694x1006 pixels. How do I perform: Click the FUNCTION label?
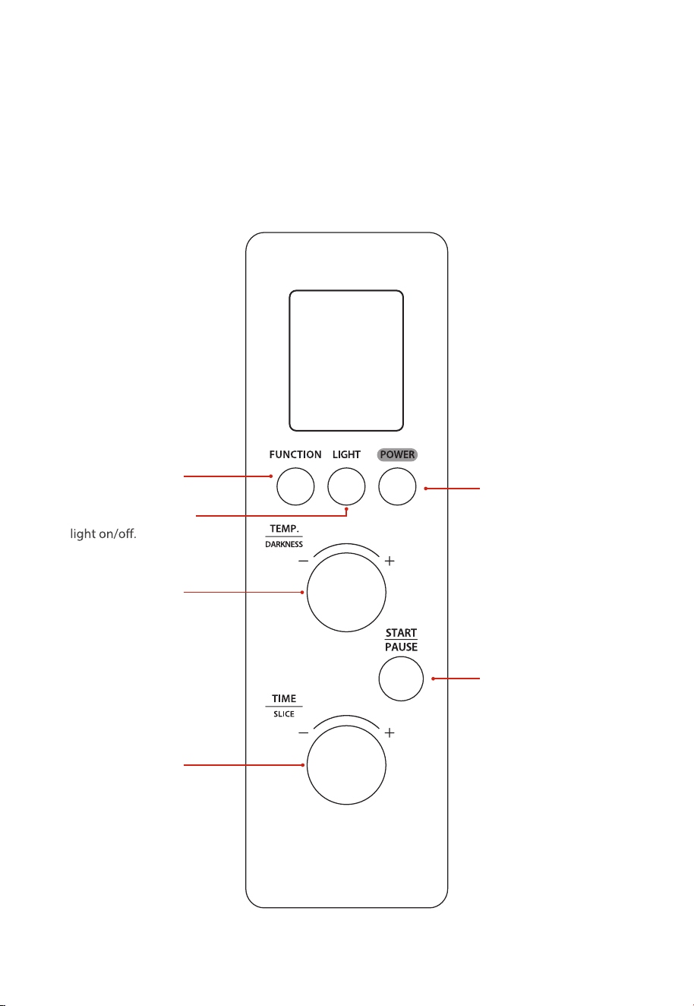(295, 454)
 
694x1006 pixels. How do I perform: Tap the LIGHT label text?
(346, 454)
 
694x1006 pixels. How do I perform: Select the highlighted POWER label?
(397, 454)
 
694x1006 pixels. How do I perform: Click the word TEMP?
(284, 529)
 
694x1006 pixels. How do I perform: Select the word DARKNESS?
(284, 544)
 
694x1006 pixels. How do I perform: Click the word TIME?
(284, 698)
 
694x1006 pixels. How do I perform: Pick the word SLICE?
(284, 714)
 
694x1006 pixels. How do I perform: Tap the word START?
(401, 633)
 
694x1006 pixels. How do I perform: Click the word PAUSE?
(401, 647)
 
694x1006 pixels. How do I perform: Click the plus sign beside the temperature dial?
(390, 561)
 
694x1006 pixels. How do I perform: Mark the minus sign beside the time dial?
(304, 733)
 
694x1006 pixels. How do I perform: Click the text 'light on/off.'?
(103, 533)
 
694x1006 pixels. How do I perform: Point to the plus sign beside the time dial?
(390, 733)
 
